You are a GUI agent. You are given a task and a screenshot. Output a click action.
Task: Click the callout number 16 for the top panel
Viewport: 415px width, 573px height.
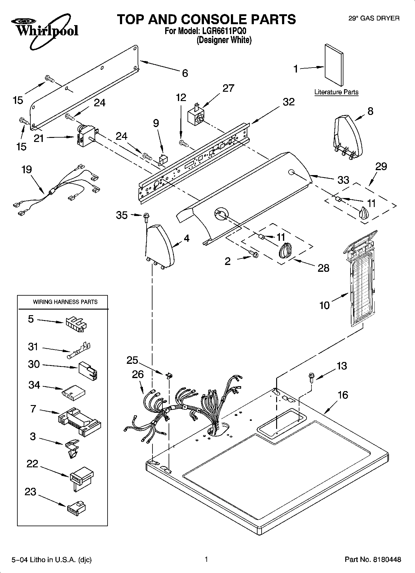[x=342, y=395]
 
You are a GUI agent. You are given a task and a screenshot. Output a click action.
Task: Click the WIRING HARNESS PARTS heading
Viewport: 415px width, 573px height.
[x=65, y=302]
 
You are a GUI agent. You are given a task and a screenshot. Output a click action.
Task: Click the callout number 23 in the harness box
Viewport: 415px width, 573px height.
[x=31, y=492]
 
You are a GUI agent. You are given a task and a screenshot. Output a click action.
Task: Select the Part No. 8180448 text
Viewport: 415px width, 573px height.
[x=373, y=559]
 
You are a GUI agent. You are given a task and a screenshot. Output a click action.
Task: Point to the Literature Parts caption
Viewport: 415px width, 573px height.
[x=336, y=92]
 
